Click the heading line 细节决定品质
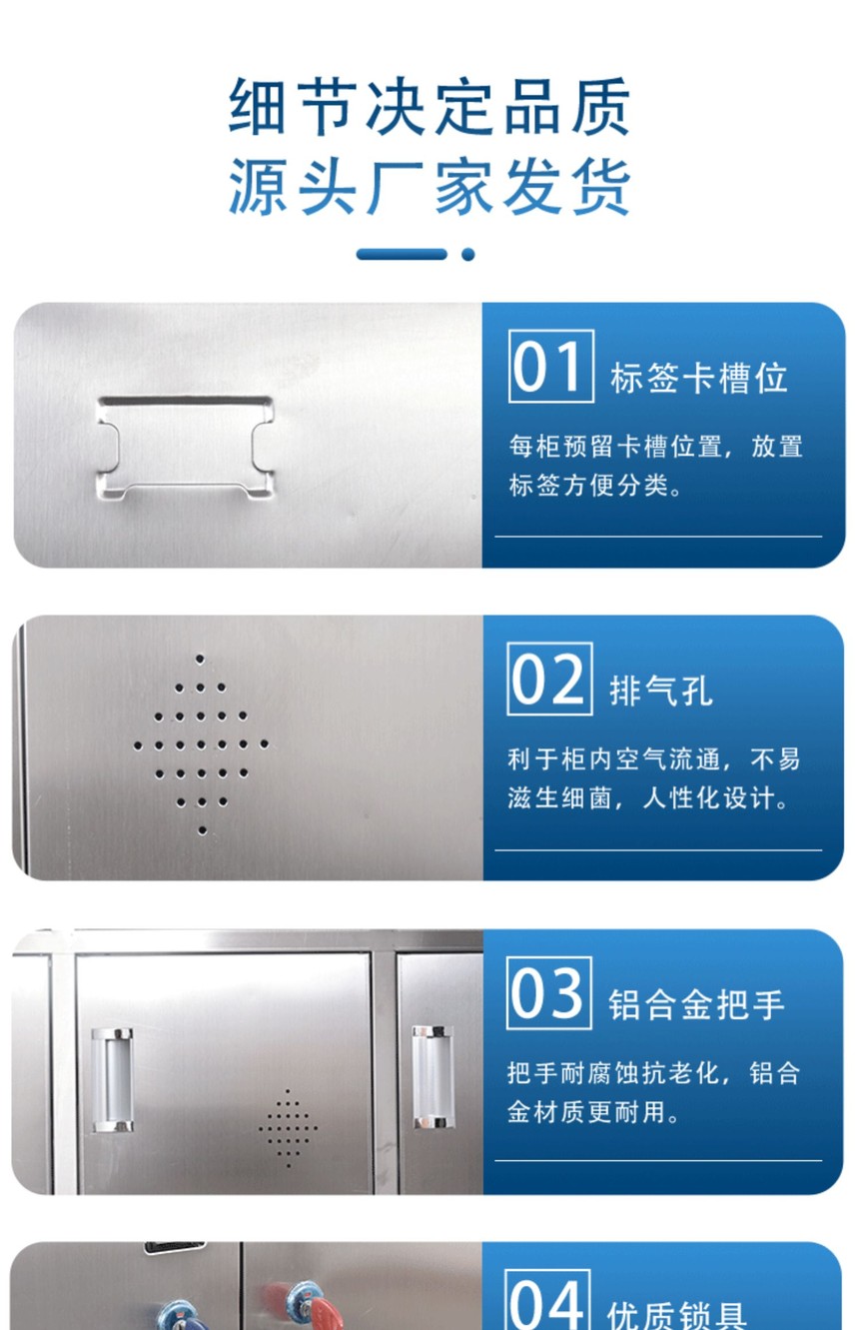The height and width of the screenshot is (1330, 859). (x=429, y=107)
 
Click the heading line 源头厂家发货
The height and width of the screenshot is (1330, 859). (x=429, y=187)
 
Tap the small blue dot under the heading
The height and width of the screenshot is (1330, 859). (x=467, y=254)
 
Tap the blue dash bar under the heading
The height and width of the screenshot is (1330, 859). (x=402, y=254)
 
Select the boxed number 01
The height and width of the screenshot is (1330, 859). (x=551, y=367)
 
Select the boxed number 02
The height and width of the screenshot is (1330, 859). (x=549, y=678)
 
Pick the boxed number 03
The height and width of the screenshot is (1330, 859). (x=549, y=992)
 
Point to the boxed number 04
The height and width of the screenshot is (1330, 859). (x=547, y=1300)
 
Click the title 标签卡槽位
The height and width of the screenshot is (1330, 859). (x=699, y=379)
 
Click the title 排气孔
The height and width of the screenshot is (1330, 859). (x=661, y=690)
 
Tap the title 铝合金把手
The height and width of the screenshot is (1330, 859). (x=696, y=1004)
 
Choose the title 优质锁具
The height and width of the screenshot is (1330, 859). (x=677, y=1315)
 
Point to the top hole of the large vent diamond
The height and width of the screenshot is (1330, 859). (x=200, y=660)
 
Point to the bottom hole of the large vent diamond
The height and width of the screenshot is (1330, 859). (x=202, y=830)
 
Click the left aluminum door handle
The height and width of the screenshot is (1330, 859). (x=112, y=1079)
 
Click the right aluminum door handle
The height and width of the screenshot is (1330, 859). (x=433, y=1076)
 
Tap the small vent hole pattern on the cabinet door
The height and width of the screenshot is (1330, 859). (x=288, y=1127)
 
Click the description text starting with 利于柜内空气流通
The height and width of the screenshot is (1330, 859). (x=653, y=778)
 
